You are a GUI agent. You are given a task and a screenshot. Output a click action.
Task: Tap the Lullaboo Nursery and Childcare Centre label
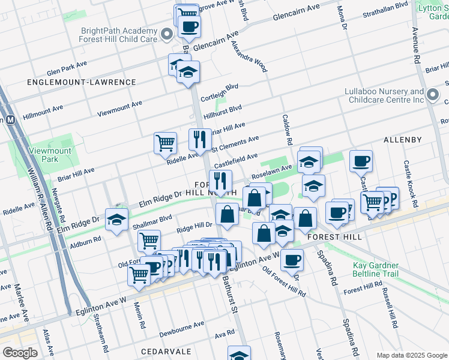384,95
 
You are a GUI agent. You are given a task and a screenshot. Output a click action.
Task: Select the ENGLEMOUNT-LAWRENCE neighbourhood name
81,82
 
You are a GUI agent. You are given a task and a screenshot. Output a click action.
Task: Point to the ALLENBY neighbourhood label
402,140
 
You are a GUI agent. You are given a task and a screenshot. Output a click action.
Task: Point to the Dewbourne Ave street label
182,329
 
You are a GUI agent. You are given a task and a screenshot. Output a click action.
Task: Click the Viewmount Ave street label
119,107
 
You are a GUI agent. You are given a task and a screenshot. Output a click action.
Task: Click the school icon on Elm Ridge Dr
116,219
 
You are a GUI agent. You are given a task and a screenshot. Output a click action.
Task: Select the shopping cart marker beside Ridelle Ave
165,143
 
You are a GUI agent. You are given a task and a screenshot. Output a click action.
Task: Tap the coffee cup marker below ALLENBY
361,160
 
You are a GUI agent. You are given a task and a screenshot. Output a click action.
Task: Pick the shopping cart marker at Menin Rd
139,275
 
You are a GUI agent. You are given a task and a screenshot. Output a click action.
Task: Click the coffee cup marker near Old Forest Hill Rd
292,260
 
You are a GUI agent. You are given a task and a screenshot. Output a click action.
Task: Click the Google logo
20,353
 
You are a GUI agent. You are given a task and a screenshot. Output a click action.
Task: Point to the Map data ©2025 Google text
411,355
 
